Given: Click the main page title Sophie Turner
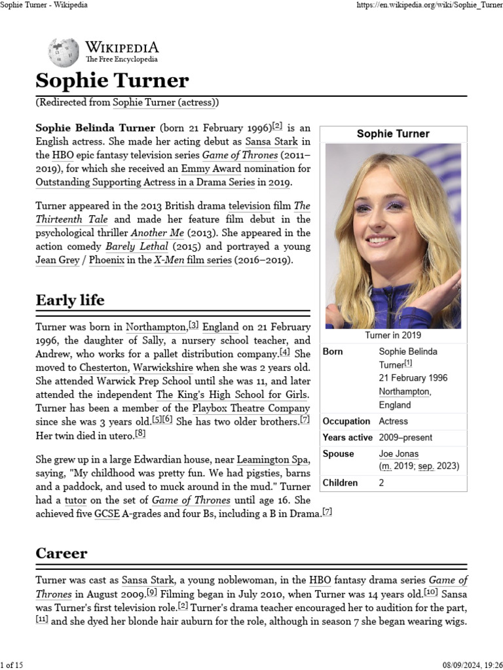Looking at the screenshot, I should (x=112, y=80).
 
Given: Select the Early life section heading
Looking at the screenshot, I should (x=69, y=300).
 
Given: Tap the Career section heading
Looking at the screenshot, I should (x=61, y=553).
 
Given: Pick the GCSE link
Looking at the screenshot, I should (x=107, y=514).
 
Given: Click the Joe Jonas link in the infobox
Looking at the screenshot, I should (x=398, y=453).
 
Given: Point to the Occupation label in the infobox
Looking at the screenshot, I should (x=346, y=421).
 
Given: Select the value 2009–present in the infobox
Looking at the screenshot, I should (x=405, y=437).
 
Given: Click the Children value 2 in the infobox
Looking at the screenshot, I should (x=382, y=483).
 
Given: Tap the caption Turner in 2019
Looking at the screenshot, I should (x=393, y=336).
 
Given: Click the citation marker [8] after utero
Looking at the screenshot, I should (x=140, y=434).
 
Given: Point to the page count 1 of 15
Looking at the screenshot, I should (x=13, y=665).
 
